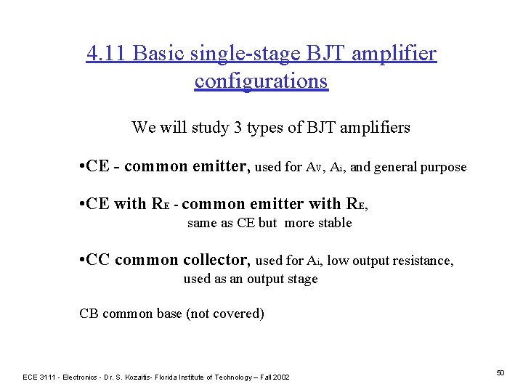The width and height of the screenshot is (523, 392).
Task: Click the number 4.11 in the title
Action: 108,53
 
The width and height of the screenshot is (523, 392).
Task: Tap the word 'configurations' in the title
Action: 261,81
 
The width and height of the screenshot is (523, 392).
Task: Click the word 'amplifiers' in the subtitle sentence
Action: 374,128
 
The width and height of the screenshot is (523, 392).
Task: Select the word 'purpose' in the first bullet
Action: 442,167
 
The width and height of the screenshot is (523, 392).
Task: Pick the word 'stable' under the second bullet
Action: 335,223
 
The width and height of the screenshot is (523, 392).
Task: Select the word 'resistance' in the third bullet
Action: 421,260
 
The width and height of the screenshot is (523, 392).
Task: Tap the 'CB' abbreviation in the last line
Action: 89,314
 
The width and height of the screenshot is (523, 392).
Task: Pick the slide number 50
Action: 500,372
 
